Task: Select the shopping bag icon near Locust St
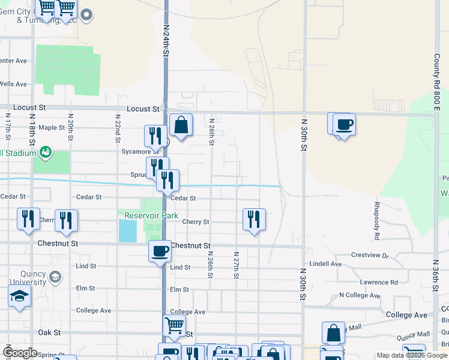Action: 181,125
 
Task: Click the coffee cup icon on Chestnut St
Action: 160,251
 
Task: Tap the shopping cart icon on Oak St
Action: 175,326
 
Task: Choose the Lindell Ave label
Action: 325,264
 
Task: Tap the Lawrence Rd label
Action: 379,282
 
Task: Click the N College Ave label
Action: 360,295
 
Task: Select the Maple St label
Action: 52,127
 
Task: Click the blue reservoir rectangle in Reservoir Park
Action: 127,230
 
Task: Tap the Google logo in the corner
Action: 20,352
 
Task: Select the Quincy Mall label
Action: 414,334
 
